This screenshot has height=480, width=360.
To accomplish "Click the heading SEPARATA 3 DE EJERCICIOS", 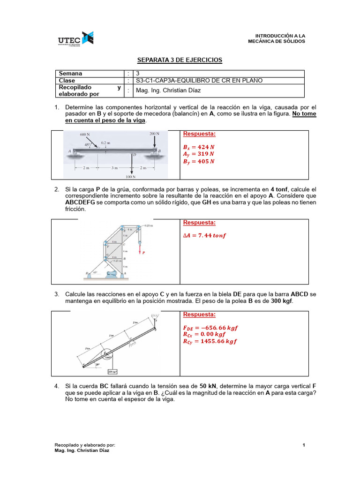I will coord(180,60).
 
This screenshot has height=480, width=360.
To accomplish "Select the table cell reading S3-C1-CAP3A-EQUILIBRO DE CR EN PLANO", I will coord(199,80).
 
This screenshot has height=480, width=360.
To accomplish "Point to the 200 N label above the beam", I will coord(155,134).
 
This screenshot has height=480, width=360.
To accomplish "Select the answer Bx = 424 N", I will coord(198,147).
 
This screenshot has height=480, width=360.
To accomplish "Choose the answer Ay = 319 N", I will coord(198,154).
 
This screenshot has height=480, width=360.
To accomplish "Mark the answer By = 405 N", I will coord(198,161).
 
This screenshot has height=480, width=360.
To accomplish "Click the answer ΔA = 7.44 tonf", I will coord(204,235).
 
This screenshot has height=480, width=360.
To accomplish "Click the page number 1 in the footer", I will coord(304,445).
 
